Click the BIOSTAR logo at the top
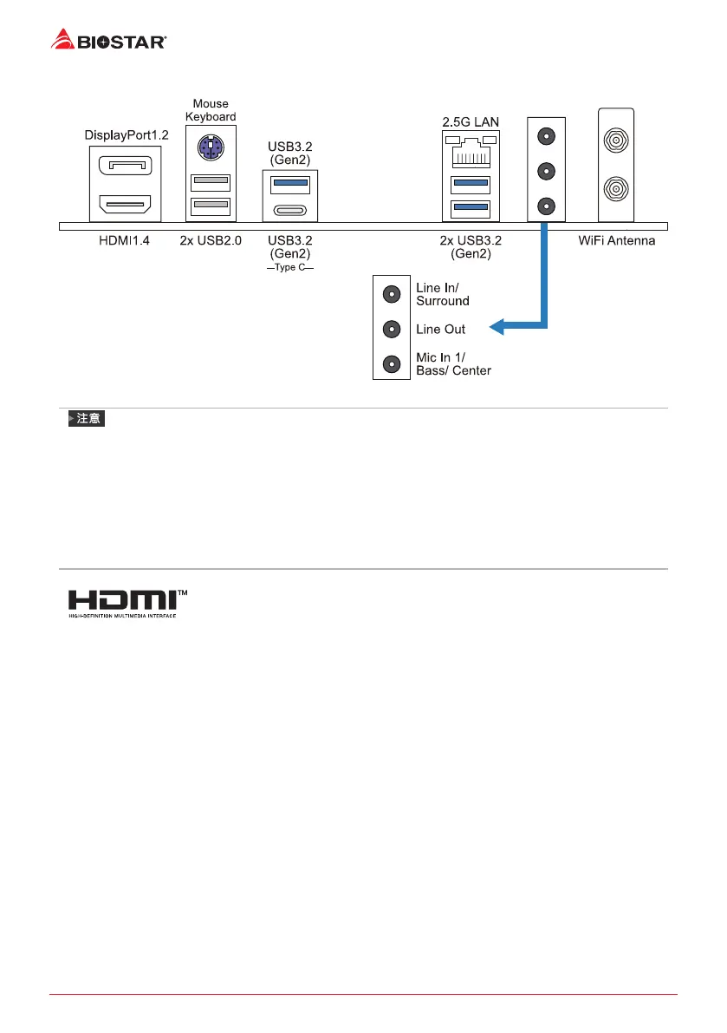click(x=109, y=38)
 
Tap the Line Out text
click(x=441, y=330)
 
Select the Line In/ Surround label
click(x=443, y=295)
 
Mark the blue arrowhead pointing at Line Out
click(x=497, y=328)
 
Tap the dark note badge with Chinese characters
click(x=86, y=419)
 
